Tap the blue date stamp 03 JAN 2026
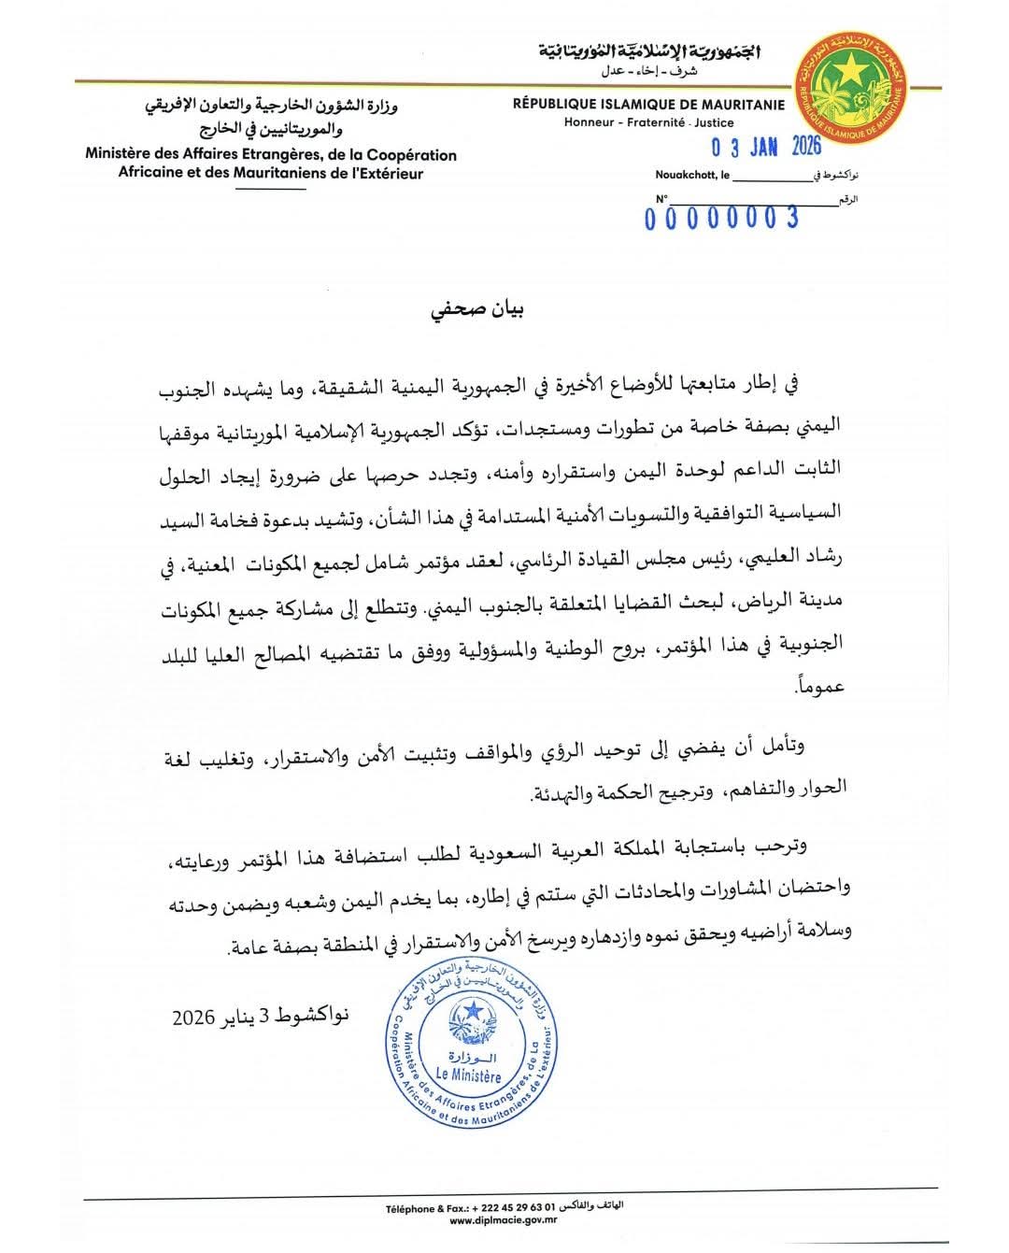[764, 147]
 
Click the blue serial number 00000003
[722, 219]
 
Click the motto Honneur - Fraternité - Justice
[648, 122]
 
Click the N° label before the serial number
[661, 199]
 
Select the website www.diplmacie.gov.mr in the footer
[504, 1220]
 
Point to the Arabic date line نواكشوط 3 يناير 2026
[260, 1016]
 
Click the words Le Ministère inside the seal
[469, 1076]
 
